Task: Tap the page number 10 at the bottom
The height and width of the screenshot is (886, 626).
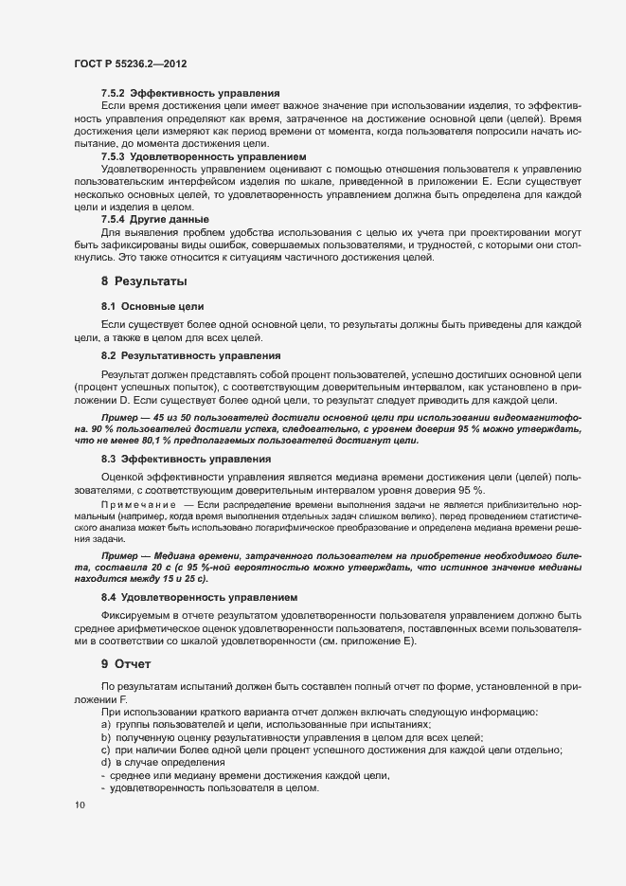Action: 79,805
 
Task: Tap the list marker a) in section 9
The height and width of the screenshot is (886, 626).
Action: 106,725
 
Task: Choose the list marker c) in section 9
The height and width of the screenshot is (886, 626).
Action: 106,750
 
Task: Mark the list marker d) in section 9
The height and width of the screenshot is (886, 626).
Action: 106,764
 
